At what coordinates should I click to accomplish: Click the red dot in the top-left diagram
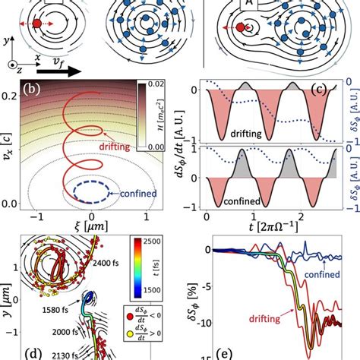pos(37,25)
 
